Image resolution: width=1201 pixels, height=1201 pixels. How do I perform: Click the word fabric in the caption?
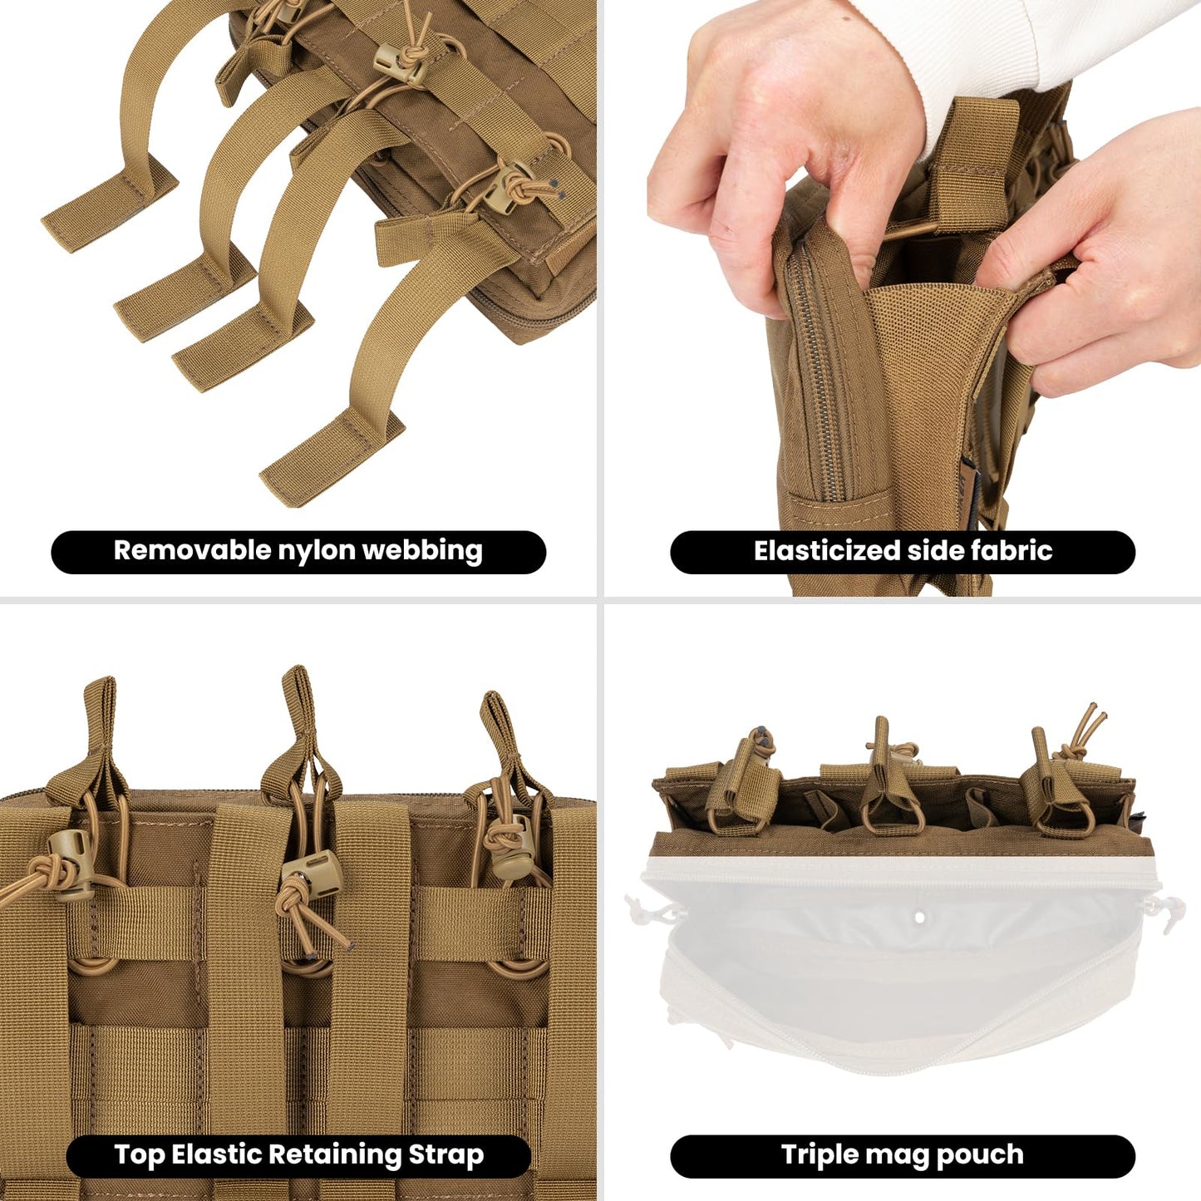pos(1013,550)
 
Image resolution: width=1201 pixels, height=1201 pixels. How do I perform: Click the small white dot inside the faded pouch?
pos(919,918)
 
